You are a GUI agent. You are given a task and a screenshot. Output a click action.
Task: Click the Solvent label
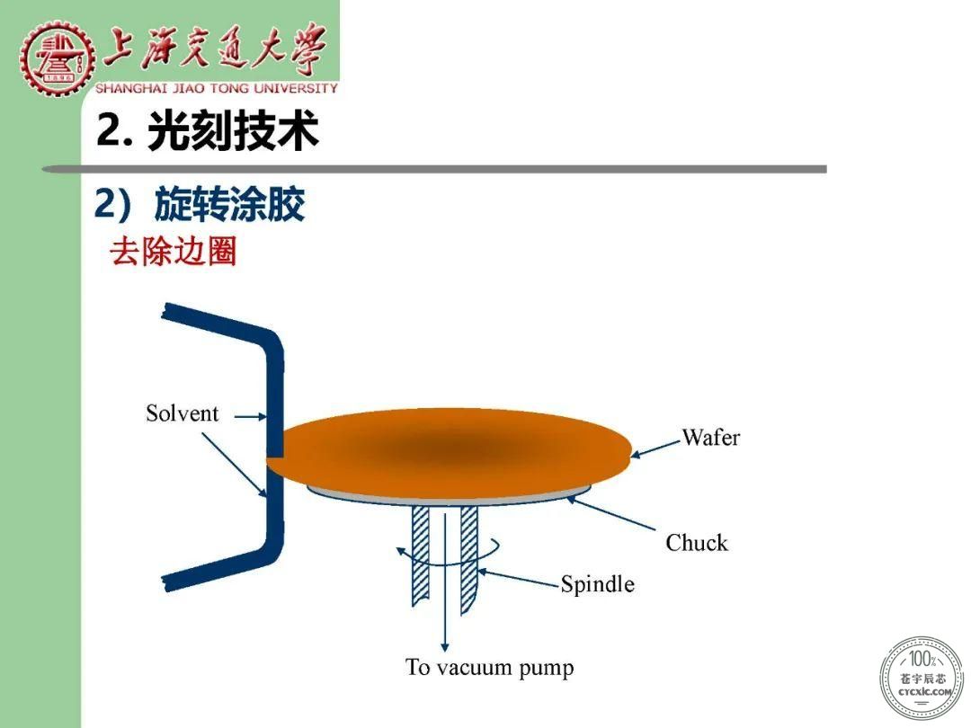(182, 413)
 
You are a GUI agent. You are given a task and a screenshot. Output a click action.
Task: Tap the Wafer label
(711, 437)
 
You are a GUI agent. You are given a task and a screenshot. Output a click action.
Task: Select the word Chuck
(697, 542)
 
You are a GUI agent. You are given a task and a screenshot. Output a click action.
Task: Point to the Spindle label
(598, 584)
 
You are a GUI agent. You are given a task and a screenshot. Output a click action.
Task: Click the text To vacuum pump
(489, 667)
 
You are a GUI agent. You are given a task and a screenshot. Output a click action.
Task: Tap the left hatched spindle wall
(421, 555)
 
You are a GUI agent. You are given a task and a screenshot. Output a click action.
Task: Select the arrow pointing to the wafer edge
(655, 448)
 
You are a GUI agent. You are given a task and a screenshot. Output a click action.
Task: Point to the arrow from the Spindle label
(519, 578)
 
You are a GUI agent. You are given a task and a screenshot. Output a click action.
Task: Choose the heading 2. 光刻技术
(208, 130)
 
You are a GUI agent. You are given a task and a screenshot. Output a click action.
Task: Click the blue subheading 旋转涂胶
(229, 204)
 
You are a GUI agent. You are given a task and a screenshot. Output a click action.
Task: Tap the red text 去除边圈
(173, 252)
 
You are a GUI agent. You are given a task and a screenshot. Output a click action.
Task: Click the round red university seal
(57, 58)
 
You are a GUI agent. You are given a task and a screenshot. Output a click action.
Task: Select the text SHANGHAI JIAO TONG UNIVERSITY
(216, 88)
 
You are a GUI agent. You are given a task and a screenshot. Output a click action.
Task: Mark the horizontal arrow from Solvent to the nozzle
(250, 417)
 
